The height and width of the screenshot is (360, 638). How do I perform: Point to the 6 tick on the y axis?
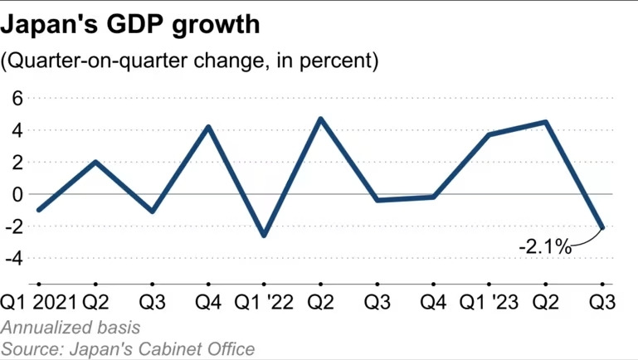pyautogui.click(x=16, y=98)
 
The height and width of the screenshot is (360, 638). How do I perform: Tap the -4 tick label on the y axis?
pyautogui.click(x=13, y=258)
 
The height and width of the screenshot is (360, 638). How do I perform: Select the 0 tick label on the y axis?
pyautogui.click(x=16, y=194)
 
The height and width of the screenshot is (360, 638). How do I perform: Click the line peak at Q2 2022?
pyautogui.click(x=321, y=119)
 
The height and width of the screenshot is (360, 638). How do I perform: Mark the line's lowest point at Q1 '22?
pyautogui.click(x=264, y=236)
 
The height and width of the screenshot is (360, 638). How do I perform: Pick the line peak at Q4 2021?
pyautogui.click(x=208, y=127)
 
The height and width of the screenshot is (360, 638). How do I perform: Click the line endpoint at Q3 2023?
pyautogui.click(x=602, y=227)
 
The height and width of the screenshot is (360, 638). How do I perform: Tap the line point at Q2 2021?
pyautogui.click(x=95, y=162)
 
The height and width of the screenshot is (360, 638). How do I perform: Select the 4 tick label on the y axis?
pyautogui.click(x=16, y=130)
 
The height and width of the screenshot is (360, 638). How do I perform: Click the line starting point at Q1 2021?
pyautogui.click(x=39, y=210)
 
